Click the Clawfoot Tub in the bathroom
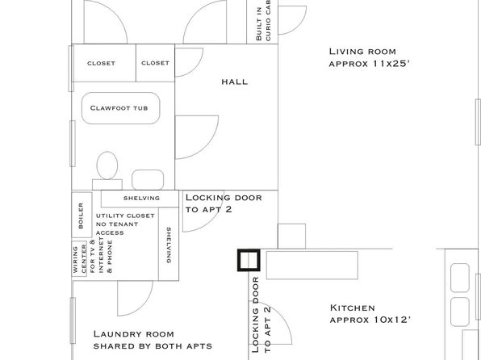click(121, 108)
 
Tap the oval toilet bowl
click(107, 165)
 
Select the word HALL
click(235, 82)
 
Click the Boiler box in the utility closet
click(82, 215)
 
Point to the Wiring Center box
click(79, 259)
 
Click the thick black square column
click(249, 260)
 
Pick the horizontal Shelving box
click(140, 199)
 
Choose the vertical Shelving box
click(169, 244)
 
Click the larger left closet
click(103, 63)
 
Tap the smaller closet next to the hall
click(155, 63)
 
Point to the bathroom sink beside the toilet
click(148, 180)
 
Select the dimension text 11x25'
click(391, 64)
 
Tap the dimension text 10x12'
click(392, 320)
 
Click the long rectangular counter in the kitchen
click(312, 266)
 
